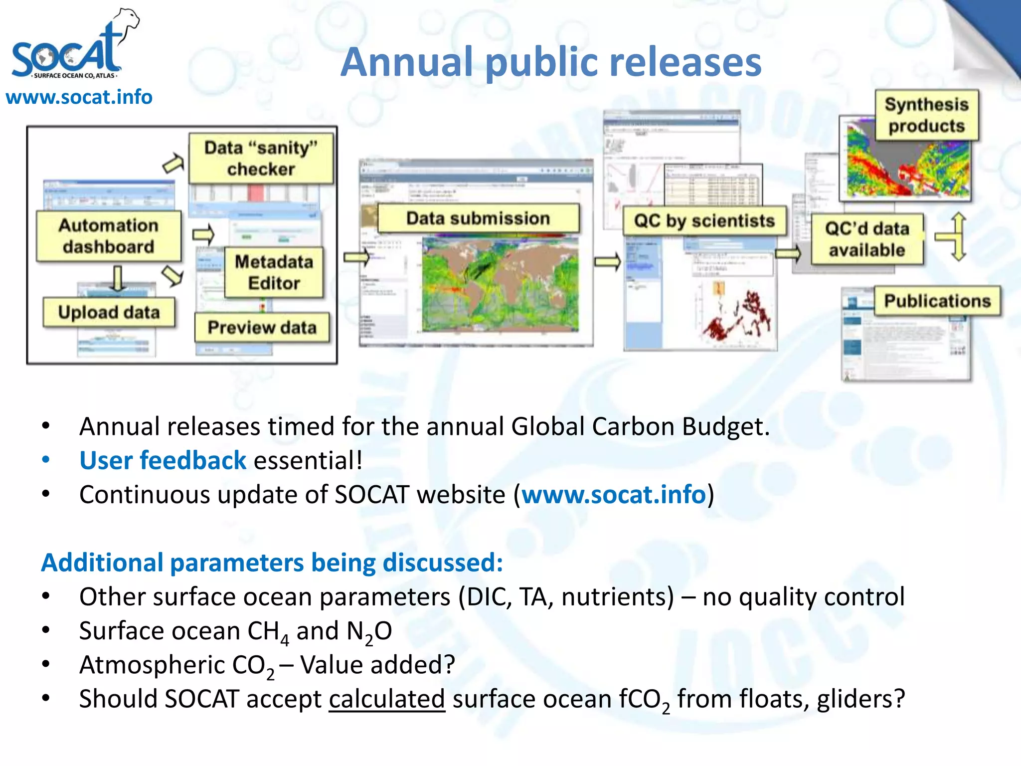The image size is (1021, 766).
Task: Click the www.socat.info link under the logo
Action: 79,97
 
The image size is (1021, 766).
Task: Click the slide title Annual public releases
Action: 551,62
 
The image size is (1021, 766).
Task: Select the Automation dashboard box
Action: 108,236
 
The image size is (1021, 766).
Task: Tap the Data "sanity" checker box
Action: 261,158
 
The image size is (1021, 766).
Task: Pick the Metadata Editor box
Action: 274,272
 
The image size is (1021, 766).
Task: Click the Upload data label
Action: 109,312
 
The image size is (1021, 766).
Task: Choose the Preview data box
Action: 262,327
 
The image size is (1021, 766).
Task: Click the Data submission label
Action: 478,218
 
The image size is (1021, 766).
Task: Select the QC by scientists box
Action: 704,220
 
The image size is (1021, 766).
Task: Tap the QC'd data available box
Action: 866,239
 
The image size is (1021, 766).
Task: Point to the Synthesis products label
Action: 926,115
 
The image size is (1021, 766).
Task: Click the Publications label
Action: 937,301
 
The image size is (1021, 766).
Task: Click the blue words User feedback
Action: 163,460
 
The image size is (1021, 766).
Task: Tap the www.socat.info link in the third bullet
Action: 614,494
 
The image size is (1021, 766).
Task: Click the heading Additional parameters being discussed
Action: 272,563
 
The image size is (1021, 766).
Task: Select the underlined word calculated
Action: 386,699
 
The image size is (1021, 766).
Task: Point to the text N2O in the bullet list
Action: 369,631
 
